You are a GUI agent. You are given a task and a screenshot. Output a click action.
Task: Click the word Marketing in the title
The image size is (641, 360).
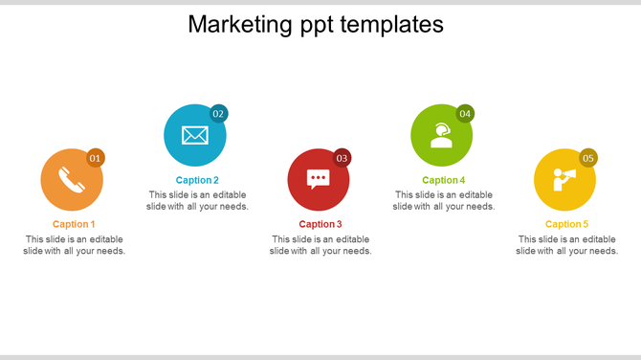pos(232,24)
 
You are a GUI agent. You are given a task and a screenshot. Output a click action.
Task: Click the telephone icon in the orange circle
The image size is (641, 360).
pos(72,180)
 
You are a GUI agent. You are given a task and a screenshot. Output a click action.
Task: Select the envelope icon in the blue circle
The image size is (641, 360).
pos(195,135)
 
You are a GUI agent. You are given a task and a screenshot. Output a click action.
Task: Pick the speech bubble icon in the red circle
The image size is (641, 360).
pos(319,179)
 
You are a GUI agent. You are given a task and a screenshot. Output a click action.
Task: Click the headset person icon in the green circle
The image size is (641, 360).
pos(441,135)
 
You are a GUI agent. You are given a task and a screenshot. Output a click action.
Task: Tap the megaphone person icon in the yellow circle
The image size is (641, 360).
pos(564,179)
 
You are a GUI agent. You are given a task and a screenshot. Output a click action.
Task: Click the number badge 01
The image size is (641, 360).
pos(96,158)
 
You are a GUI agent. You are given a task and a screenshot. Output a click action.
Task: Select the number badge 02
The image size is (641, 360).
pos(219,114)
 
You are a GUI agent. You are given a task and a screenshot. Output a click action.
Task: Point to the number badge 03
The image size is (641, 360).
pos(342,158)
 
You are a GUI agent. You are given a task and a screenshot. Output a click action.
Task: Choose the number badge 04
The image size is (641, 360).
pos(465,114)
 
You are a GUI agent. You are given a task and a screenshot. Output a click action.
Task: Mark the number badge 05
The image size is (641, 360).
pos(588,158)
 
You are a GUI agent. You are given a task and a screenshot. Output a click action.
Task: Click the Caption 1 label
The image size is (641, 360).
pos(74,224)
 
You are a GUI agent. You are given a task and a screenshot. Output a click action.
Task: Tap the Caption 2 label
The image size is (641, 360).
pos(197,180)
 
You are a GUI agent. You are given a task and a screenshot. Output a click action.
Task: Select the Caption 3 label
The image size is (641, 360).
pos(320,224)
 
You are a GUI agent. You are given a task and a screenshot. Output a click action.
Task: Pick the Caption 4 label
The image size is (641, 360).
pos(443,180)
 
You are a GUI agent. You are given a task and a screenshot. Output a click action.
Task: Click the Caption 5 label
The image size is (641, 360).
pos(566,224)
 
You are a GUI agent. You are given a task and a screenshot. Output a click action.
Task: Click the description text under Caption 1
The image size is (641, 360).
pos(74,245)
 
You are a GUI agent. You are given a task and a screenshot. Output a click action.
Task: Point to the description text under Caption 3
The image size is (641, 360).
pos(320,245)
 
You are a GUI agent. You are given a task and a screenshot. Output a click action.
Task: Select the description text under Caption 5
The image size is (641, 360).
pos(566,245)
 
